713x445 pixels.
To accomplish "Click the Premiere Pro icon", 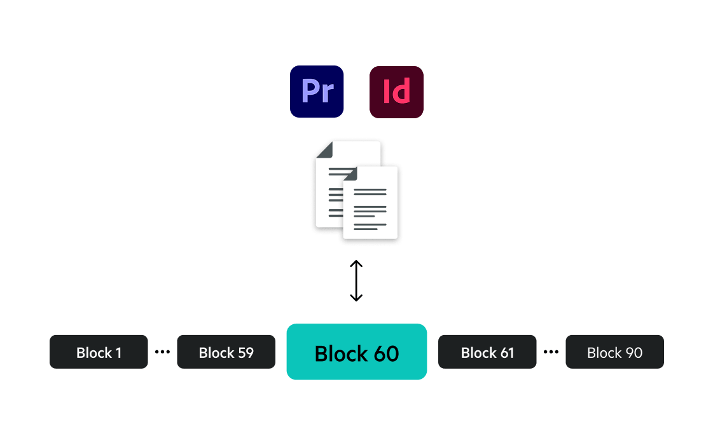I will click(x=317, y=92).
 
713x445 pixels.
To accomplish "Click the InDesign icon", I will click(x=396, y=92).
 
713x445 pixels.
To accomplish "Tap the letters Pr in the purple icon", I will click(x=317, y=92).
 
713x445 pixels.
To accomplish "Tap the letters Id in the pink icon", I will click(x=396, y=92).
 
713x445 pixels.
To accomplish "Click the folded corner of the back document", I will click(x=324, y=149).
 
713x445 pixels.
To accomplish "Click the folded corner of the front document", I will click(x=350, y=173).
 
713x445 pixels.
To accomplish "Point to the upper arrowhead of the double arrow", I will click(x=356, y=263).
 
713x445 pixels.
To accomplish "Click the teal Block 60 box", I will click(x=356, y=352).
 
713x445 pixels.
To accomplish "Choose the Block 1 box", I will click(x=99, y=352).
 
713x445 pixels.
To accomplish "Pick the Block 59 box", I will click(x=226, y=352).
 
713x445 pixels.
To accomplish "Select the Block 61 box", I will click(x=487, y=352).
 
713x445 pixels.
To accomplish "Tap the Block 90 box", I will click(x=614, y=352).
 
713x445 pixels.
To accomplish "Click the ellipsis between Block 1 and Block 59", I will click(x=162, y=351).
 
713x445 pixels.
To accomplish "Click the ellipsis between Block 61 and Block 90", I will click(x=551, y=351).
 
